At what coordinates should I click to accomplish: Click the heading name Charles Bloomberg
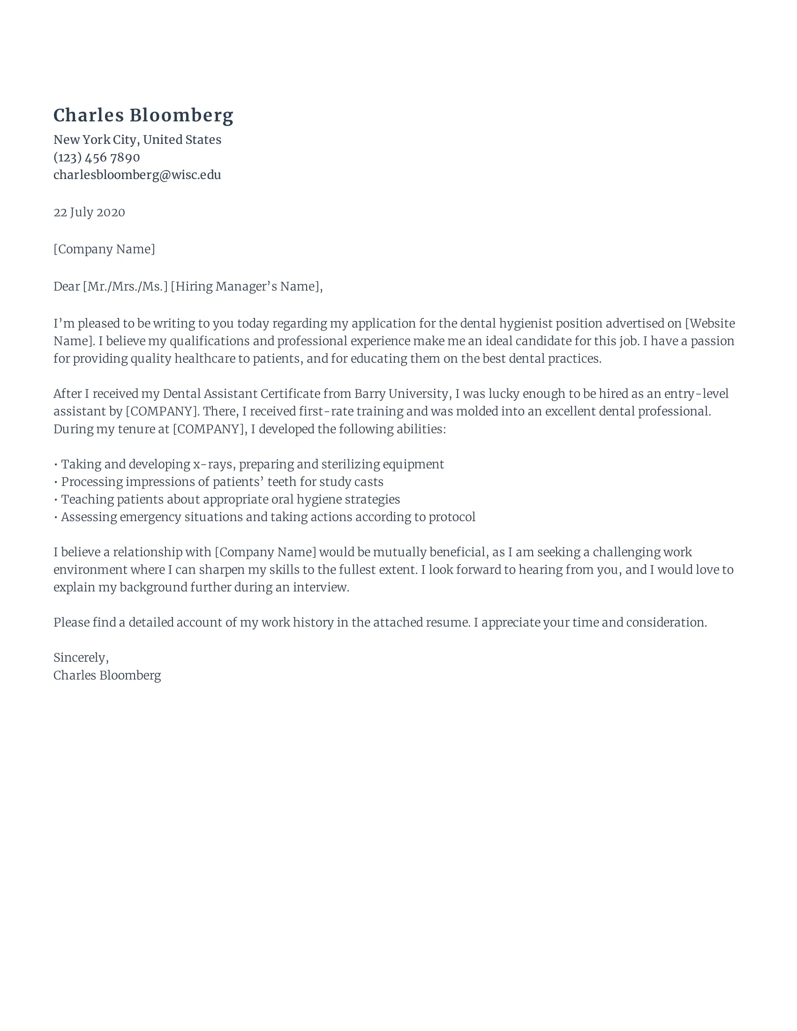143,116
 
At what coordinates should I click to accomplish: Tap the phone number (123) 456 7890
97,157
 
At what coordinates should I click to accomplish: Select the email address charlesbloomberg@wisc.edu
137,175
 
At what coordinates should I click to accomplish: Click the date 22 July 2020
89,212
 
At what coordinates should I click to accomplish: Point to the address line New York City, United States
137,140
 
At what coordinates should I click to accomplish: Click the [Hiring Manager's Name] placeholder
246,286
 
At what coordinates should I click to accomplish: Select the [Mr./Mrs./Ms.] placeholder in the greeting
125,286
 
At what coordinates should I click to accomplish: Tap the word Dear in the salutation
67,286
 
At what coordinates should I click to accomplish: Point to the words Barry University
400,394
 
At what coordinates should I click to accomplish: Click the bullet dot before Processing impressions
56,482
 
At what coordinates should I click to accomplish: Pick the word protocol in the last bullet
452,517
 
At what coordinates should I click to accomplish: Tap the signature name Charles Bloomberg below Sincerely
107,675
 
